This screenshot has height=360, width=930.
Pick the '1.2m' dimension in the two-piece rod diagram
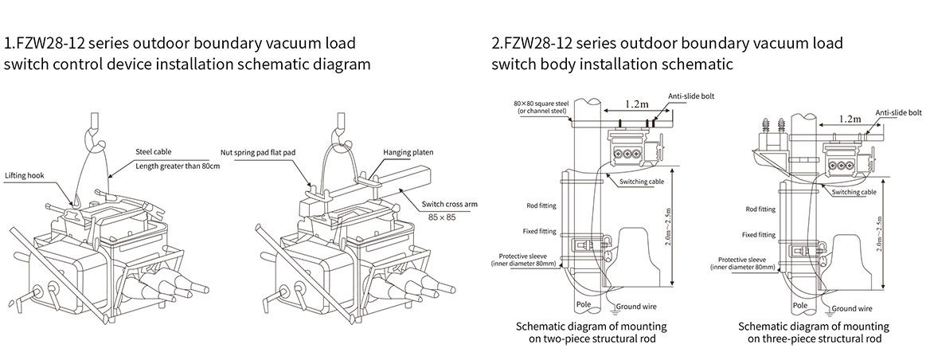tap(637, 104)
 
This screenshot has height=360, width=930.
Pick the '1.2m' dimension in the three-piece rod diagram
tap(850, 119)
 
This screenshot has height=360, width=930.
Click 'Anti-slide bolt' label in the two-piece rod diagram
tap(691, 95)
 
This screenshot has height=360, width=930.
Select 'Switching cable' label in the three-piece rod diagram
tap(855, 192)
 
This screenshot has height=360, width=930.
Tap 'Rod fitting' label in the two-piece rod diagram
tap(541, 205)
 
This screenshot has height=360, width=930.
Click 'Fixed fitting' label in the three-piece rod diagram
tap(758, 235)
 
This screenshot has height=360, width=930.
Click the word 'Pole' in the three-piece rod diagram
tap(801, 304)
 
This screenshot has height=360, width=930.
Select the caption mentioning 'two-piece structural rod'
tap(591, 332)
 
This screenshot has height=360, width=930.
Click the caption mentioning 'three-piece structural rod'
tap(813, 332)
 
